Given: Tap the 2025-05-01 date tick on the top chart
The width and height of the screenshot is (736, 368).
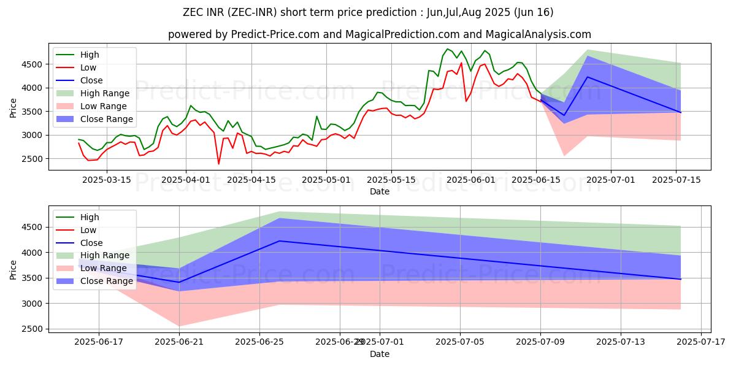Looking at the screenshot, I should pyautogui.click(x=326, y=180).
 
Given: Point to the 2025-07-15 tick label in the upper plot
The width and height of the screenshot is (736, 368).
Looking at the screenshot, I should pyautogui.click(x=677, y=180).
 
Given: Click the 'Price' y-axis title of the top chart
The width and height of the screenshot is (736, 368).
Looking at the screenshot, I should pyautogui.click(x=13, y=108).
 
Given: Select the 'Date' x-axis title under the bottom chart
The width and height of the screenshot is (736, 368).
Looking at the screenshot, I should pyautogui.click(x=380, y=354).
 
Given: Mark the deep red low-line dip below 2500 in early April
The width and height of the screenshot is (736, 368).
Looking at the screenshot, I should pyautogui.click(x=218, y=164).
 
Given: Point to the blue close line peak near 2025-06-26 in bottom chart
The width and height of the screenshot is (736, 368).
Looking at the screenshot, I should pyautogui.click(x=280, y=241).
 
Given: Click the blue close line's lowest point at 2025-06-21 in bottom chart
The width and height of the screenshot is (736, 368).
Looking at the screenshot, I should pyautogui.click(x=179, y=282).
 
